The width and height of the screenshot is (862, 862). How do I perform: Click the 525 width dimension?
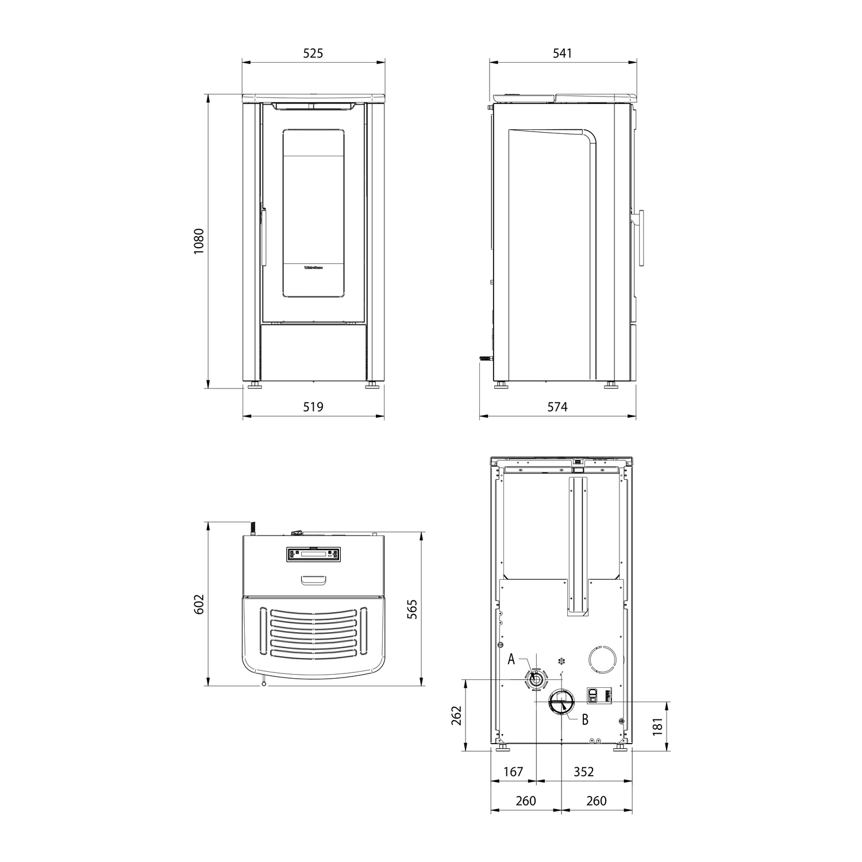click(x=313, y=53)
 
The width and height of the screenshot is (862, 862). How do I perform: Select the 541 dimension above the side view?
click(x=562, y=53)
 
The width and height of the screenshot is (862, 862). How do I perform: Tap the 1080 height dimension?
click(x=198, y=241)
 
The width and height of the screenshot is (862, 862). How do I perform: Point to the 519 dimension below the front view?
click(x=313, y=407)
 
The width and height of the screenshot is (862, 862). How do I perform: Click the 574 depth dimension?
click(x=557, y=407)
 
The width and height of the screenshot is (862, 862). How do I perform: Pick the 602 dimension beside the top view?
click(x=199, y=605)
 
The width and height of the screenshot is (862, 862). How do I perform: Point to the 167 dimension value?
click(x=513, y=772)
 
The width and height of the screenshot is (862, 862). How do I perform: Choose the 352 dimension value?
click(x=583, y=772)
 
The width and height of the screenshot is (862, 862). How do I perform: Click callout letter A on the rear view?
click(x=511, y=660)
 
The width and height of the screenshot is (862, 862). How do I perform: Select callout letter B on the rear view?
click(x=585, y=719)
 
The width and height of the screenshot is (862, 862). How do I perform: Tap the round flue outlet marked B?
click(x=561, y=702)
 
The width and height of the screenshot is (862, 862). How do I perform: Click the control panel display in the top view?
click(x=313, y=555)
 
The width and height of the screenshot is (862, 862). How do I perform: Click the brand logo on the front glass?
click(x=313, y=267)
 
